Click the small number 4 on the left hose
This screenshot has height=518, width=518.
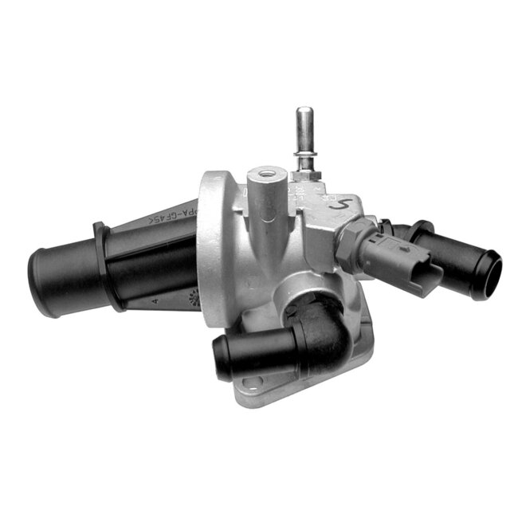click(153, 301)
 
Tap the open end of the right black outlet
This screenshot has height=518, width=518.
click(486, 276)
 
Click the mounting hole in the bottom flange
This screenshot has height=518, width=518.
click(243, 390)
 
